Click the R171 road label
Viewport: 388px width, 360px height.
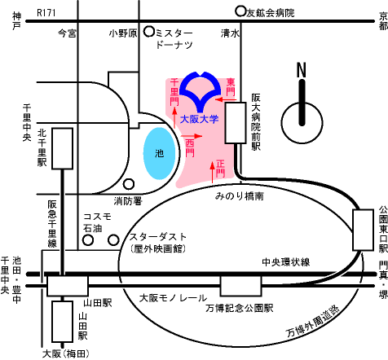point(46,13)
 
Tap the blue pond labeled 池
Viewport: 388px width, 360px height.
point(160,153)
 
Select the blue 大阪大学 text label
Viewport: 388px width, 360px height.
point(200,119)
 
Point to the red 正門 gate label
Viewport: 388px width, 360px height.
point(221,169)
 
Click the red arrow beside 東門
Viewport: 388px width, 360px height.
point(226,99)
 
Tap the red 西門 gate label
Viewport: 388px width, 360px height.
point(190,147)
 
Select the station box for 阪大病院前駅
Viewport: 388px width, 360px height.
point(236,123)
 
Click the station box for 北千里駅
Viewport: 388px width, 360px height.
point(63,148)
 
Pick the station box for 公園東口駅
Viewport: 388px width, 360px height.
point(363,230)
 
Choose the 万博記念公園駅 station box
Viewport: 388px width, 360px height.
point(240,286)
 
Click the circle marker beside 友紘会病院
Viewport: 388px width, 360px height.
point(240,11)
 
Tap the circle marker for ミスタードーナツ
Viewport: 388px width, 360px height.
point(149,32)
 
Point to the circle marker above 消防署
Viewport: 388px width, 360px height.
point(129,184)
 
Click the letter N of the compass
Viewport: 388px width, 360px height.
point(302,70)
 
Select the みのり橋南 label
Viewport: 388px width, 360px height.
point(240,196)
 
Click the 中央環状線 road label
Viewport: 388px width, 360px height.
point(286,262)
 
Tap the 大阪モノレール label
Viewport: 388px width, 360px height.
point(173,298)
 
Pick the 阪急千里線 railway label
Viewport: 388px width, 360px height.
point(52,224)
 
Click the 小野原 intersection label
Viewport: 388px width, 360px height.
point(123,33)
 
